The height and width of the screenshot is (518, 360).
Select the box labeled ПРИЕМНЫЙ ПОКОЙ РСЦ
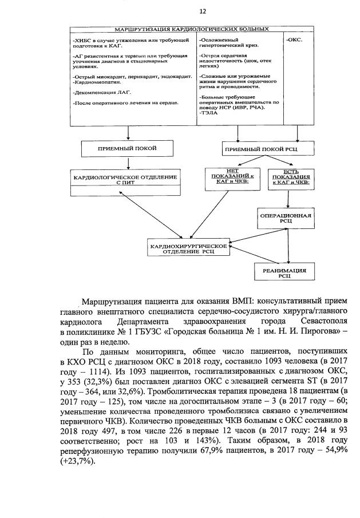[268, 149]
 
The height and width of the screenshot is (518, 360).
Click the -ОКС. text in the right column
[294, 41]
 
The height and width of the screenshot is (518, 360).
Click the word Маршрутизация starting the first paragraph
[115, 301]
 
